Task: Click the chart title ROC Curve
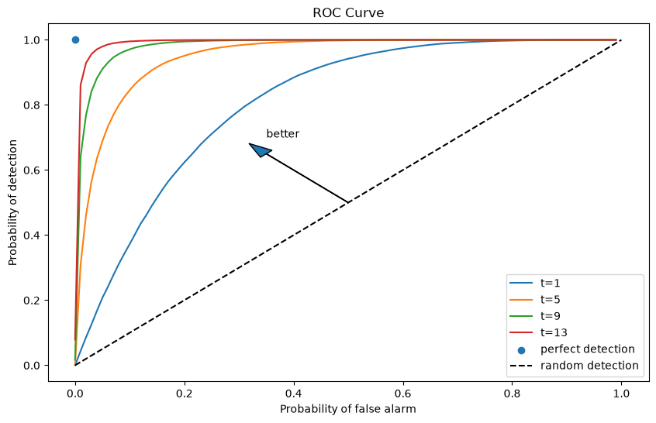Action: (348, 13)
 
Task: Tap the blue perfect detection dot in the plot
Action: (75, 40)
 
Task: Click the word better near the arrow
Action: (283, 134)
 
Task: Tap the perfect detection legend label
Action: (588, 349)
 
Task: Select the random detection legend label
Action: (589, 366)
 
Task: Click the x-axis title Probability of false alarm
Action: (348, 409)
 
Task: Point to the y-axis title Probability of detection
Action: (12, 203)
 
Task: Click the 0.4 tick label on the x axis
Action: (294, 394)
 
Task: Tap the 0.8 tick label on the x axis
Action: (512, 394)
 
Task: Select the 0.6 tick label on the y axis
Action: (32, 170)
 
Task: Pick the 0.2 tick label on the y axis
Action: (32, 300)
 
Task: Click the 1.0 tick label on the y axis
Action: (32, 40)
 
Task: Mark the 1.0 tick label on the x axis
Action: (621, 394)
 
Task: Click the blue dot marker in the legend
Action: (521, 350)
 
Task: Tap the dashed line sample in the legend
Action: (521, 366)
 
